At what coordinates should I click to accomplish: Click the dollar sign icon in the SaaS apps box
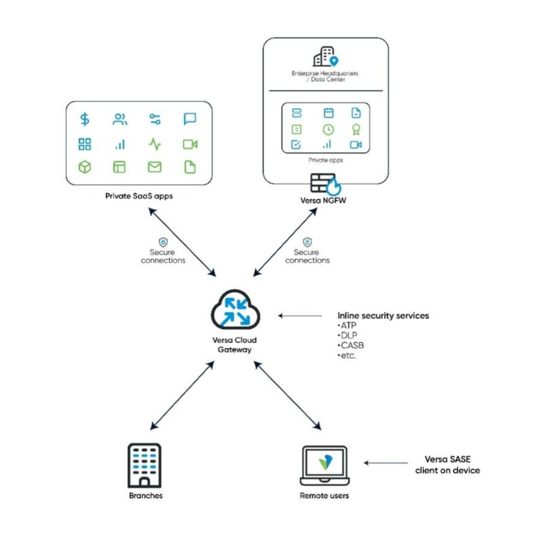[x=85, y=119]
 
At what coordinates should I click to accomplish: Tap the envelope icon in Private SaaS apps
[x=155, y=167]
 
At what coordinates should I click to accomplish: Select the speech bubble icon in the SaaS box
[x=190, y=119]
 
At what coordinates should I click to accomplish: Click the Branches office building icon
[x=144, y=466]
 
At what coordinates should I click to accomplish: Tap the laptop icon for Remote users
[x=325, y=466]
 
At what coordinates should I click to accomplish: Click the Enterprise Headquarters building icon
[x=326, y=57]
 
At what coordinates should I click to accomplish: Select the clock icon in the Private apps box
[x=328, y=129]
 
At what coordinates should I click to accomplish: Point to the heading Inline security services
[x=383, y=316]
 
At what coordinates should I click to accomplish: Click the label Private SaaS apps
[x=139, y=196]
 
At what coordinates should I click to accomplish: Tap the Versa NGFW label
[x=324, y=200]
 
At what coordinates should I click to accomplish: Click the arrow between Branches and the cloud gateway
[x=182, y=395]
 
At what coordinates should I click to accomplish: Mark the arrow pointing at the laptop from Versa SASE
[x=386, y=463]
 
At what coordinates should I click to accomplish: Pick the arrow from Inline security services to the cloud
[x=300, y=316]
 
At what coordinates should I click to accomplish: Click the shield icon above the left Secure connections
[x=163, y=242]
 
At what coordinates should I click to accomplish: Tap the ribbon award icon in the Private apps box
[x=356, y=129]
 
